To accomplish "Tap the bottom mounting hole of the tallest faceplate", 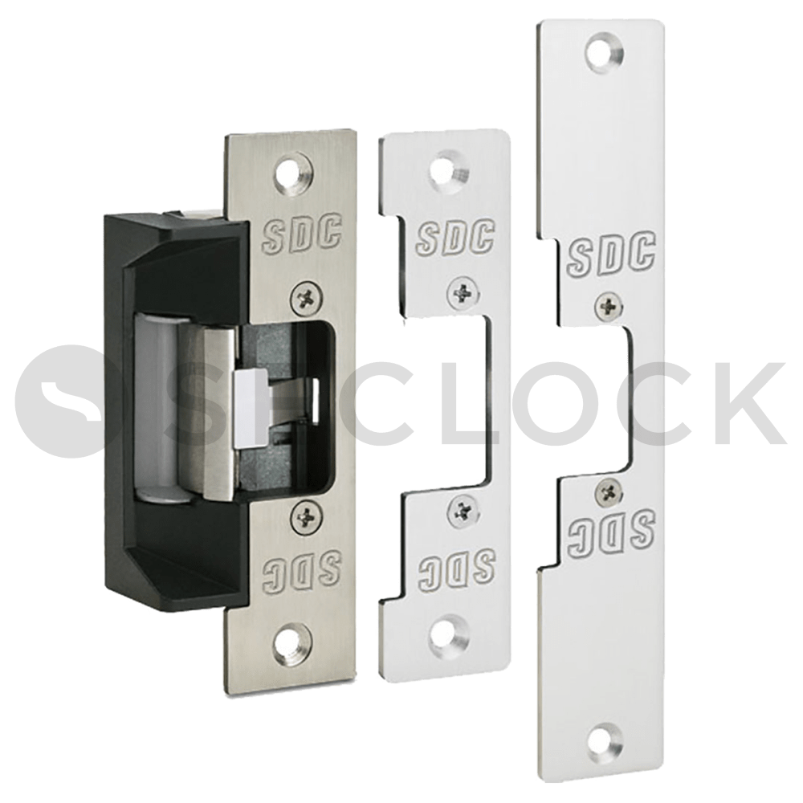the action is click(605, 741).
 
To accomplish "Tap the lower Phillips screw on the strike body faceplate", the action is click(307, 515).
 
